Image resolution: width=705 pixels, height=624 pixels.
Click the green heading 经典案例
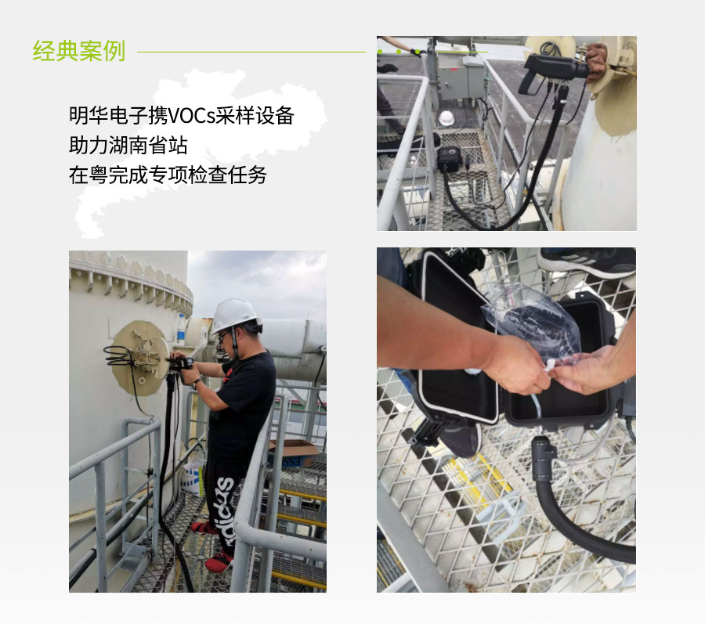tap(78, 51)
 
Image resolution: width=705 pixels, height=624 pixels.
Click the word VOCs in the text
tap(191, 116)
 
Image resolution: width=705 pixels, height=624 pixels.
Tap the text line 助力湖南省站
tap(128, 146)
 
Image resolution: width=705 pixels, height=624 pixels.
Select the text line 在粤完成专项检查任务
tap(168, 175)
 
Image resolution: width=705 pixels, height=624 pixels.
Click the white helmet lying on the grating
tap(446, 117)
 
